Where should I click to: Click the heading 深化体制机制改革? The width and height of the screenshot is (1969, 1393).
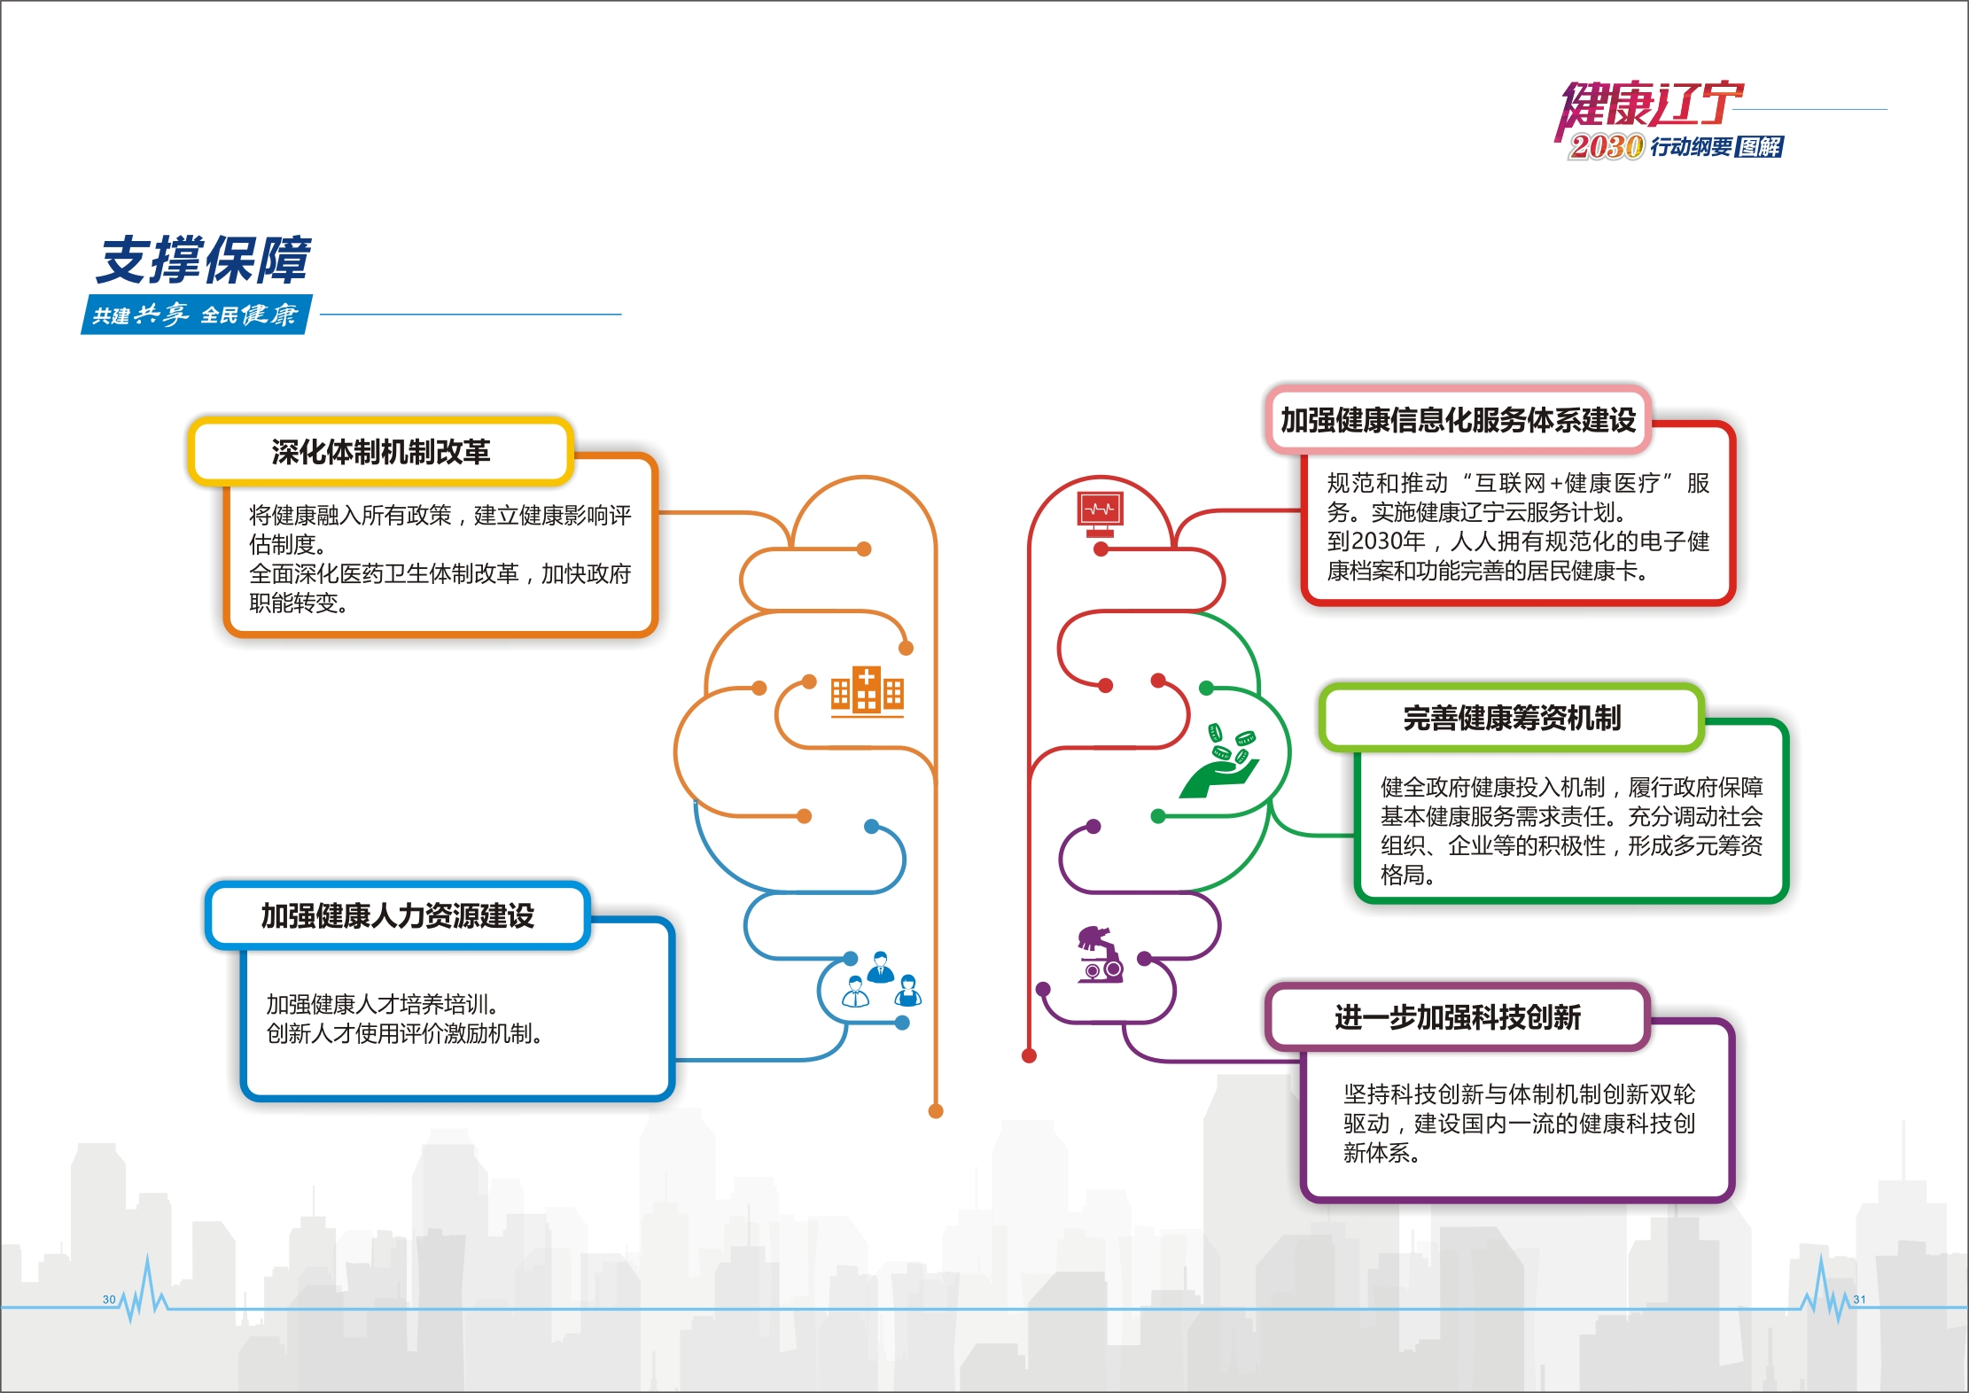click(380, 452)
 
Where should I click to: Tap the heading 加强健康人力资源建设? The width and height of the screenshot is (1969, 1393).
click(397, 915)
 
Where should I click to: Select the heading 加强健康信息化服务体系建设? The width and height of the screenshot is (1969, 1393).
click(1458, 420)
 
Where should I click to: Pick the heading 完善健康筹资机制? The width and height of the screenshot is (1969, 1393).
click(1511, 718)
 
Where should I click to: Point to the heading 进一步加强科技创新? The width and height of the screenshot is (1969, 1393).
click(1457, 1017)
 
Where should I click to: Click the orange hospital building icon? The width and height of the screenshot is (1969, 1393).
click(867, 691)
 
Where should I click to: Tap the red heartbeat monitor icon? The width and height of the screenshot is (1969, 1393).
click(1100, 513)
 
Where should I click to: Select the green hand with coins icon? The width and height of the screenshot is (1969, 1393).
click(1222, 761)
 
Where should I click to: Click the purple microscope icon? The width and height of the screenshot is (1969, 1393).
click(1100, 954)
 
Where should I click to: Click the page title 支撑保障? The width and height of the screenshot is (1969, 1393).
click(203, 261)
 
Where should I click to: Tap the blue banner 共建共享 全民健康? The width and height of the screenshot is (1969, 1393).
click(196, 315)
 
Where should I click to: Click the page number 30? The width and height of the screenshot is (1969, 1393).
click(109, 1299)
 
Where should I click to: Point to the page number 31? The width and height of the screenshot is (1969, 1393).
click(1859, 1299)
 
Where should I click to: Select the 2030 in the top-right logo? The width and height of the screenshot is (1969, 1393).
click(1606, 146)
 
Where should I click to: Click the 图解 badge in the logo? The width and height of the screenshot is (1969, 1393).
click(1759, 146)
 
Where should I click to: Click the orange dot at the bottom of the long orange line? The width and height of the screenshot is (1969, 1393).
click(936, 1111)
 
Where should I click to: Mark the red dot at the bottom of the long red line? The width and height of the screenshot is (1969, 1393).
click(1029, 1055)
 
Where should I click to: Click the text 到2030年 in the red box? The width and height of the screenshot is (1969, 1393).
click(1375, 541)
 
